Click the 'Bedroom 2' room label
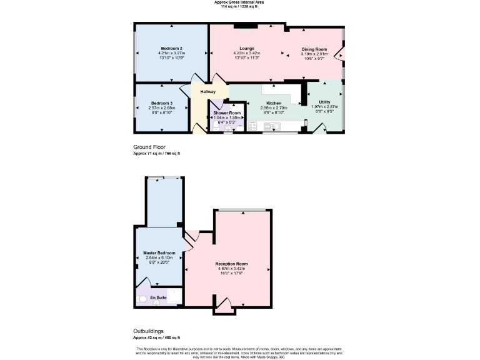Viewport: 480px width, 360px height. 171,49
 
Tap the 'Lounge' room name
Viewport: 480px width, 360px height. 246,49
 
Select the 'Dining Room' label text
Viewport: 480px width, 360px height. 314,49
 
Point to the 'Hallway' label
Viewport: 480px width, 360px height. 207,92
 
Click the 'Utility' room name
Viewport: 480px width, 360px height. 324,102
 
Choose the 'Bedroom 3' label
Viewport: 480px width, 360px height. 161,103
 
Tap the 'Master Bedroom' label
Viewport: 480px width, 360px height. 159,252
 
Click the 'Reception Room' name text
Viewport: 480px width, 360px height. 232,264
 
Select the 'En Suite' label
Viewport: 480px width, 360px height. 159,298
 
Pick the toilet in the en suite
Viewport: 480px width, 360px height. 142,300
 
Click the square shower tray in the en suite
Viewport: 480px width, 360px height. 175,296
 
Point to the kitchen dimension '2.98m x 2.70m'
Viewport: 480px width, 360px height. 274,107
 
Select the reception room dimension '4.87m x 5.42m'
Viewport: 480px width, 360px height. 232,269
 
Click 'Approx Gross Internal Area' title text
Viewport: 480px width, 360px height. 240,2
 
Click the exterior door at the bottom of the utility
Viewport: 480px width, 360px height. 320,129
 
